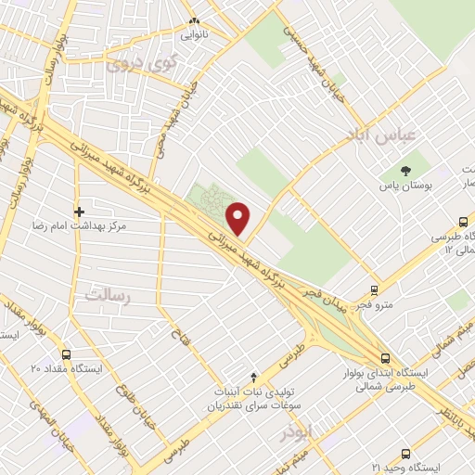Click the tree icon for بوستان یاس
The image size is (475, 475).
click(406, 171)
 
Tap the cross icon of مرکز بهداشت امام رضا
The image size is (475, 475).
click(79, 212)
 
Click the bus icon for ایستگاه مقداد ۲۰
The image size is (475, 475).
click(65, 354)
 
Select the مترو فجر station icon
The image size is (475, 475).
click(374, 289)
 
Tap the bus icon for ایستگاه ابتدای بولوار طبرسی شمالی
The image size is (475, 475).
click(385, 358)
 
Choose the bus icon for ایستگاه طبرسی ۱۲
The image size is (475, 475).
click(464, 223)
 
